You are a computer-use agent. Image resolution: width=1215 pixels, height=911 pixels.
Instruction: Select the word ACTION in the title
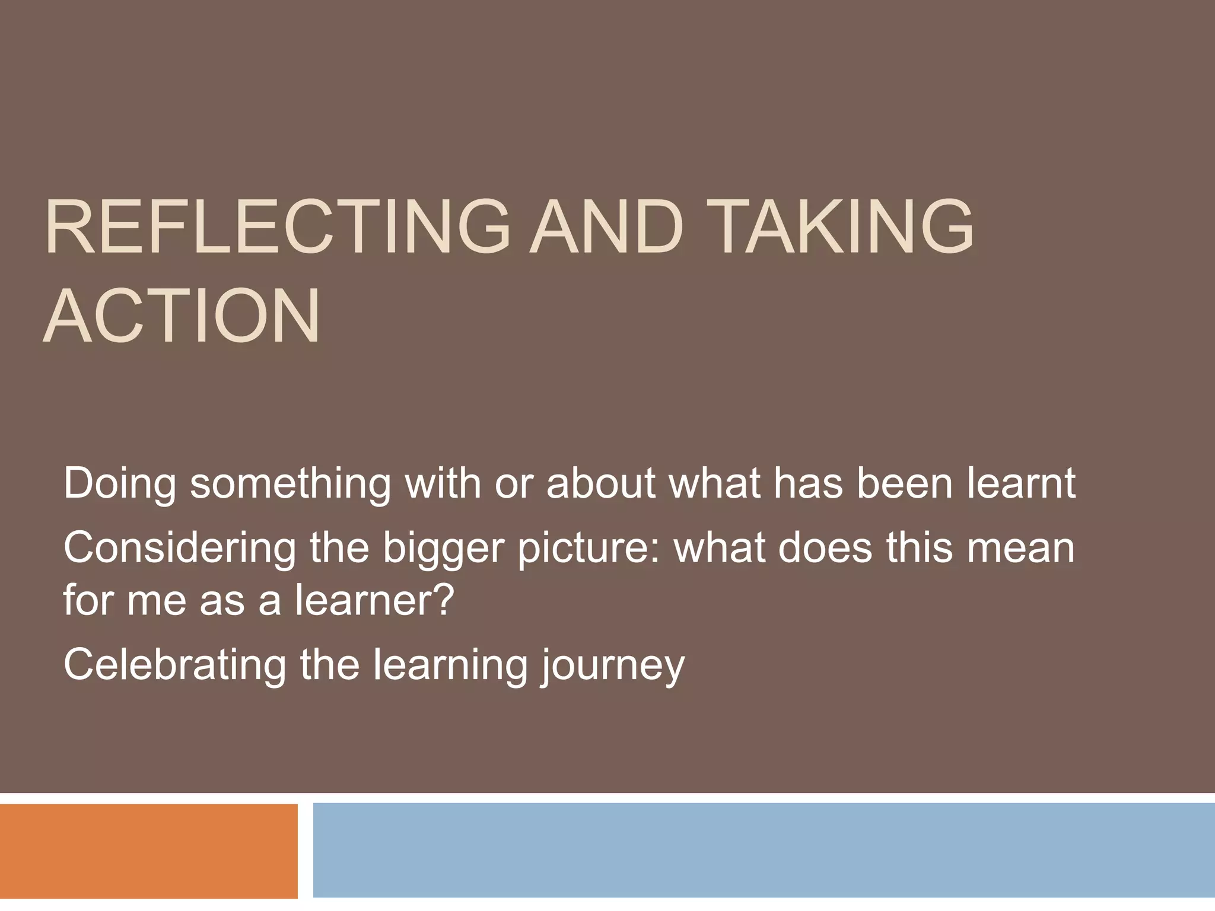click(182, 316)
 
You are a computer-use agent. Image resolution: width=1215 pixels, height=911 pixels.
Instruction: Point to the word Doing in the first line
click(119, 484)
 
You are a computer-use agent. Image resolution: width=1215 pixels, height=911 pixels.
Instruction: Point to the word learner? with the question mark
click(374, 600)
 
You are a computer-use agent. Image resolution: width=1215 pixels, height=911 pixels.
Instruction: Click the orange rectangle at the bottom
click(148, 851)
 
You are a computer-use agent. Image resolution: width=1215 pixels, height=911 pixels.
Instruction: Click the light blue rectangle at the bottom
click(764, 851)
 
